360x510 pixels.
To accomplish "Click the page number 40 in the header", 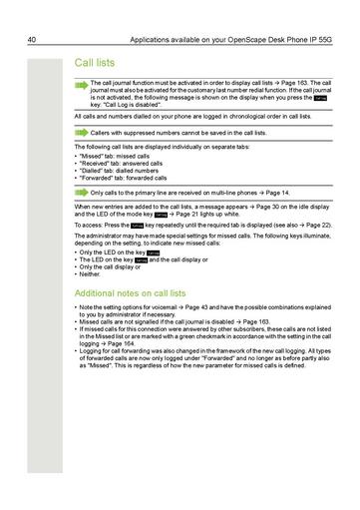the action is (x=33, y=12).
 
